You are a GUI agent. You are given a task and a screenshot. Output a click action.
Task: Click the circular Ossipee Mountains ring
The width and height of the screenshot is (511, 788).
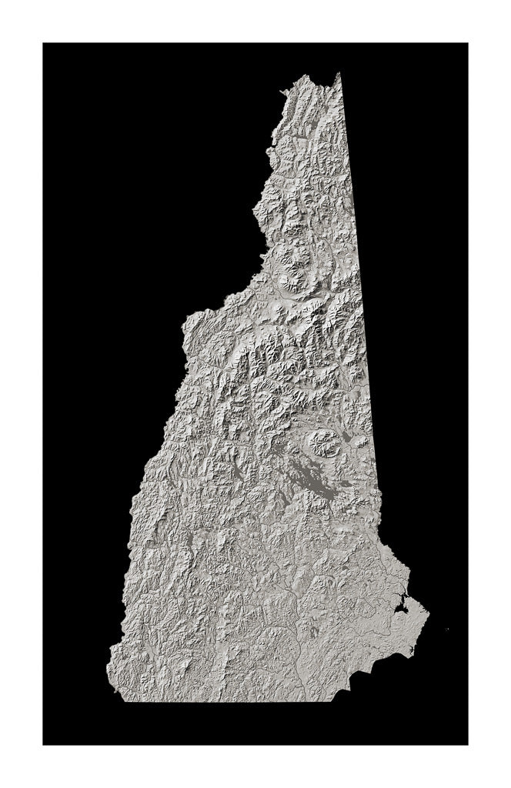pyautogui.click(x=323, y=442)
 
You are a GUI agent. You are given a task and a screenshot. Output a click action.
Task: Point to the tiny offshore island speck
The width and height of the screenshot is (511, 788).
pyautogui.click(x=447, y=629)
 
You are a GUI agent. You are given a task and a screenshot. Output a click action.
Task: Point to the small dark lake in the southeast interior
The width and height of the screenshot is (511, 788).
pyautogui.click(x=313, y=631)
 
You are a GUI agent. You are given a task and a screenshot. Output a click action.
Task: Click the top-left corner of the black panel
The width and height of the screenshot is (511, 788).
pyautogui.click(x=43, y=43)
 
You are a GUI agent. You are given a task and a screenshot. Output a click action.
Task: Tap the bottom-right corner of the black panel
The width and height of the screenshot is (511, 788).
pyautogui.click(x=467, y=744)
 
